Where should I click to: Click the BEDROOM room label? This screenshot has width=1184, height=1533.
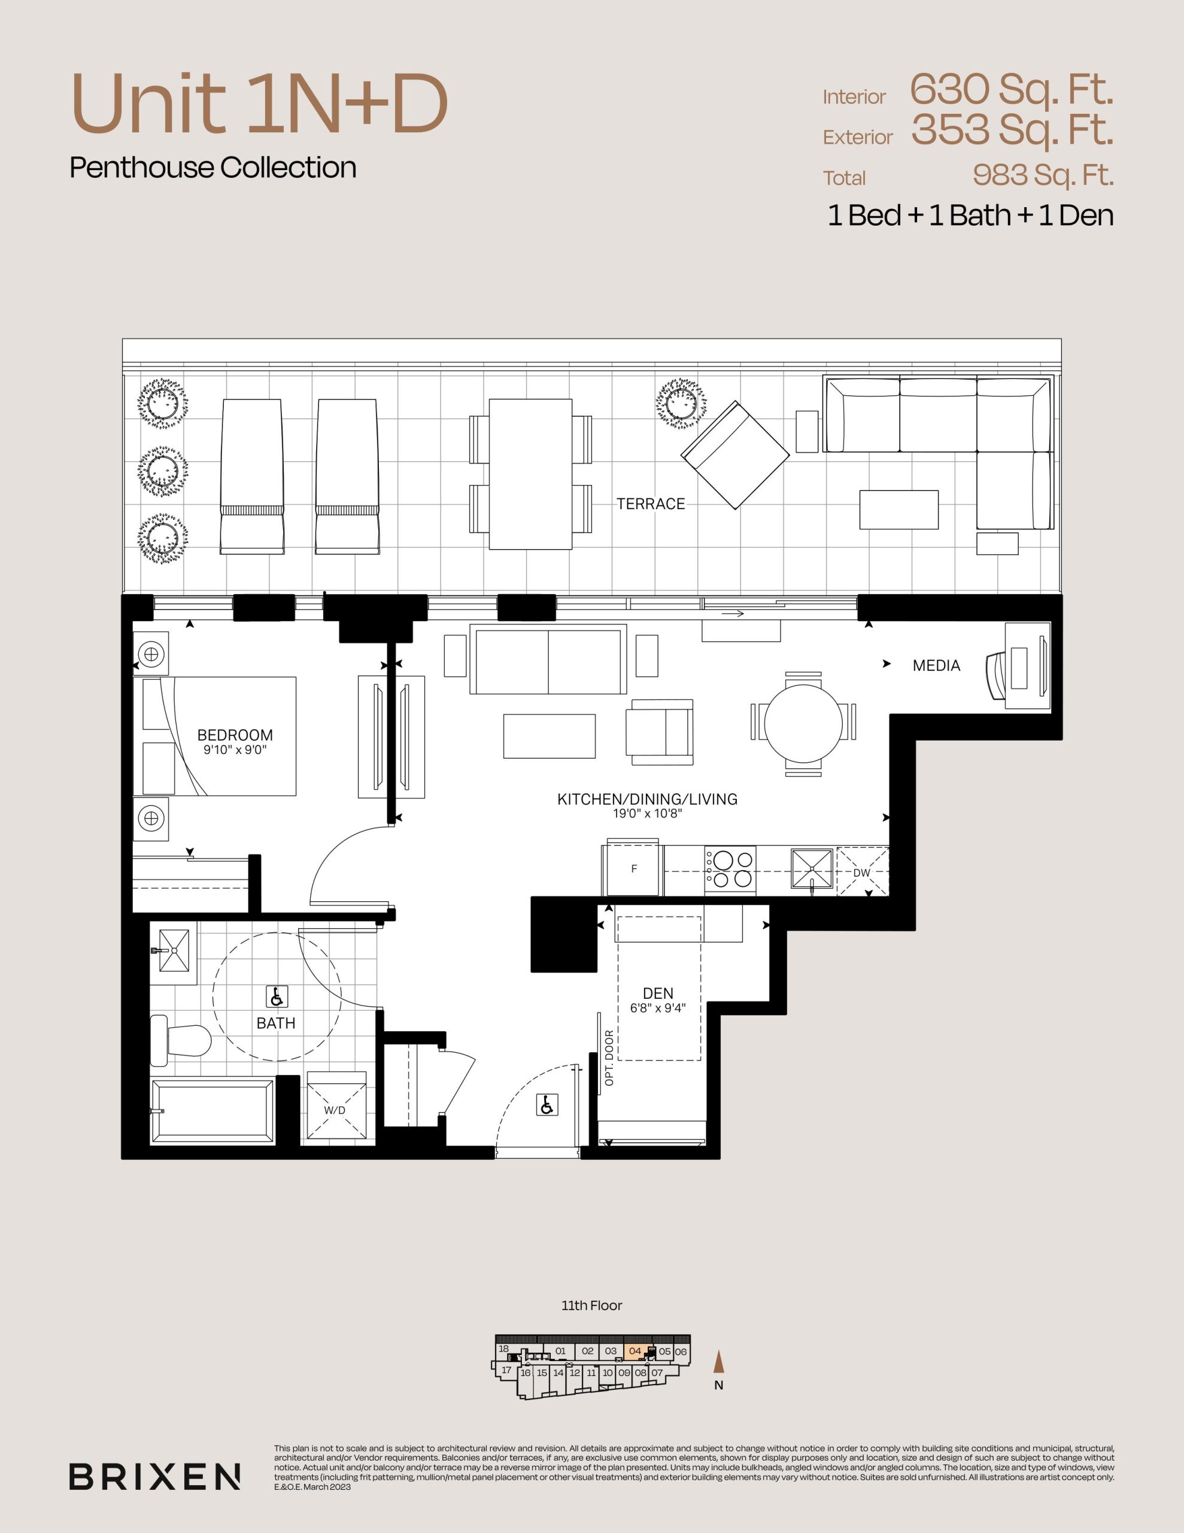pos(235,735)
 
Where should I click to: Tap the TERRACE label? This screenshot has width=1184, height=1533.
pos(651,504)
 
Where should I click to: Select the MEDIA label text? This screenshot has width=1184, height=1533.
pos(936,665)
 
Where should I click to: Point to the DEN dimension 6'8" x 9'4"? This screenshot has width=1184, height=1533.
pos(658,1008)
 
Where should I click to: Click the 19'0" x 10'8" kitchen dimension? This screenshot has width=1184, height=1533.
pos(647,814)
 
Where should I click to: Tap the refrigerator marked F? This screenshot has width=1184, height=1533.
pos(633,869)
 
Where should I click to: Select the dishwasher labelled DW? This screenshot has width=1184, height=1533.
pos(863,872)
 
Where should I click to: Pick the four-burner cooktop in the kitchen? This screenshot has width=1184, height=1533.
pos(730,869)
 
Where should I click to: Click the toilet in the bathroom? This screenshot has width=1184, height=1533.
pos(181,1040)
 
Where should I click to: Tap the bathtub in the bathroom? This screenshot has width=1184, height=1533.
pos(212,1112)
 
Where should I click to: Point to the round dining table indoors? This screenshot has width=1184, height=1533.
pos(803,723)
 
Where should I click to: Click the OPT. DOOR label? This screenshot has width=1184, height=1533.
pos(609,1058)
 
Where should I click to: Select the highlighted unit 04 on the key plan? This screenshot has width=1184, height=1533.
pos(635,1351)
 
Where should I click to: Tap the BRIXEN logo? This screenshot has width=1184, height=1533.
pos(155,1476)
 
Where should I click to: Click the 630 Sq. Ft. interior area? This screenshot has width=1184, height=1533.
pos(1012,89)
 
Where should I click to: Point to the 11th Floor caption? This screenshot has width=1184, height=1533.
pos(591,1305)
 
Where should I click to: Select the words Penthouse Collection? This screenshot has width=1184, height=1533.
pos(213,167)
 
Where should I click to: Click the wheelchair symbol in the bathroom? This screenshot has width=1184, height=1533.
pos(277,996)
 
